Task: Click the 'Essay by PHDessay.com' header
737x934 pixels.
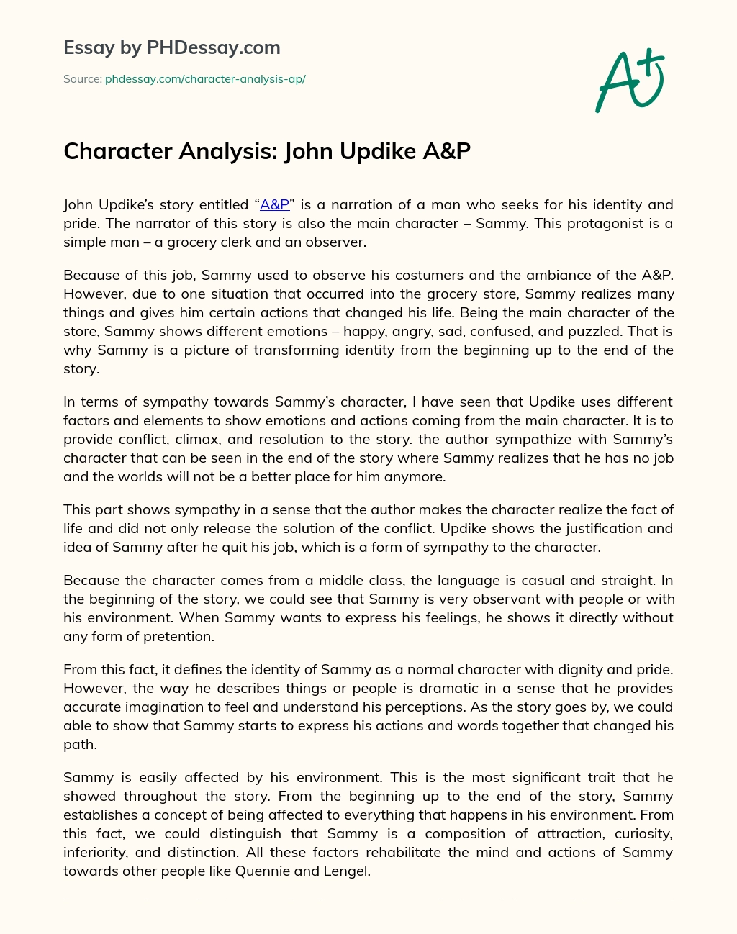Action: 171,48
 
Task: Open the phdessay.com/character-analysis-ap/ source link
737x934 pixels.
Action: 205,79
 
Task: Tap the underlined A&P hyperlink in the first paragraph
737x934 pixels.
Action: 274,204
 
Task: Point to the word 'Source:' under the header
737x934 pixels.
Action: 82,79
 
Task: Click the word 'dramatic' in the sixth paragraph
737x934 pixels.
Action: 421,688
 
